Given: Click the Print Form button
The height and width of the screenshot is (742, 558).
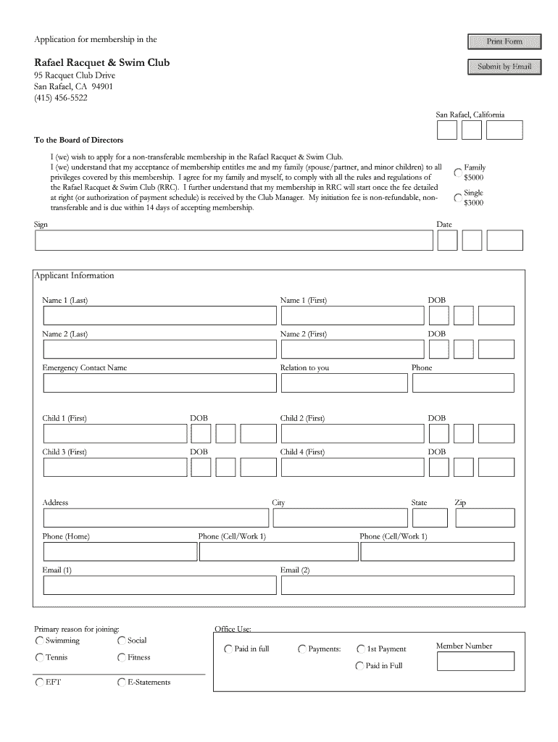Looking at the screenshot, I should coord(504,41).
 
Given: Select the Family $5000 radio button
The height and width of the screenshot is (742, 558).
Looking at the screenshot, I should coord(457,172).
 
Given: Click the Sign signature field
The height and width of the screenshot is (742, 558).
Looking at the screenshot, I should coord(233,240).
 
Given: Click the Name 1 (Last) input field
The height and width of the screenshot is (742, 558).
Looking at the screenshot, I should coord(159,315).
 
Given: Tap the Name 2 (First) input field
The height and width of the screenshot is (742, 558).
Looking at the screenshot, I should coord(352,349).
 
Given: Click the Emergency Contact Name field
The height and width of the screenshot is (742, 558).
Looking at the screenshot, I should coord(159,383).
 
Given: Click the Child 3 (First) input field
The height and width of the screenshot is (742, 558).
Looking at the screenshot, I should coord(114,467).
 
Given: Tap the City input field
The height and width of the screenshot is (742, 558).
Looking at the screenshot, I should coord(339,517).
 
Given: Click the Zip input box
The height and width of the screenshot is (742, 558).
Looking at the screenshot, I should coord(484,517).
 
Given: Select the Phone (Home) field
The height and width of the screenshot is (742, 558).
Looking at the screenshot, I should coord(120,551).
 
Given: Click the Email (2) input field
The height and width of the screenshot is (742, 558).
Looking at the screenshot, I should coord(397,585).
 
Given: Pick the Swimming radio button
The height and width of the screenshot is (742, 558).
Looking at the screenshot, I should coord(39,641).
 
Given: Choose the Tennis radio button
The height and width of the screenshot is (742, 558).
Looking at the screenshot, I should coord(39,658).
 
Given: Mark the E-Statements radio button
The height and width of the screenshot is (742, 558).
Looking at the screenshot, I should coord(121,683).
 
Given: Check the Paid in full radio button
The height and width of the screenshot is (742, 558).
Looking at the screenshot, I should coord(228,649).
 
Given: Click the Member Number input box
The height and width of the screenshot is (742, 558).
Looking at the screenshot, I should coord(475,661).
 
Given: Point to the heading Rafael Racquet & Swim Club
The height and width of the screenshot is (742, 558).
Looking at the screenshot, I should coord(102,62).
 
